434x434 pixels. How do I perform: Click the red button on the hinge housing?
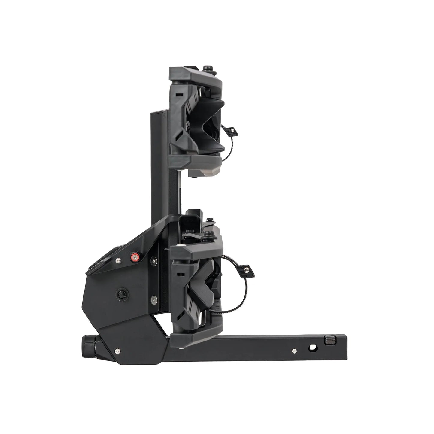[x=134, y=257]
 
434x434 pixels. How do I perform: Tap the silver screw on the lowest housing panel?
[x=116, y=350]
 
